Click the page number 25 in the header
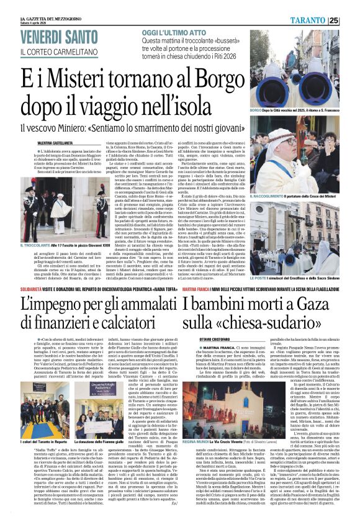coord(351,20)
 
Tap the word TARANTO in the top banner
coord(323,20)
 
